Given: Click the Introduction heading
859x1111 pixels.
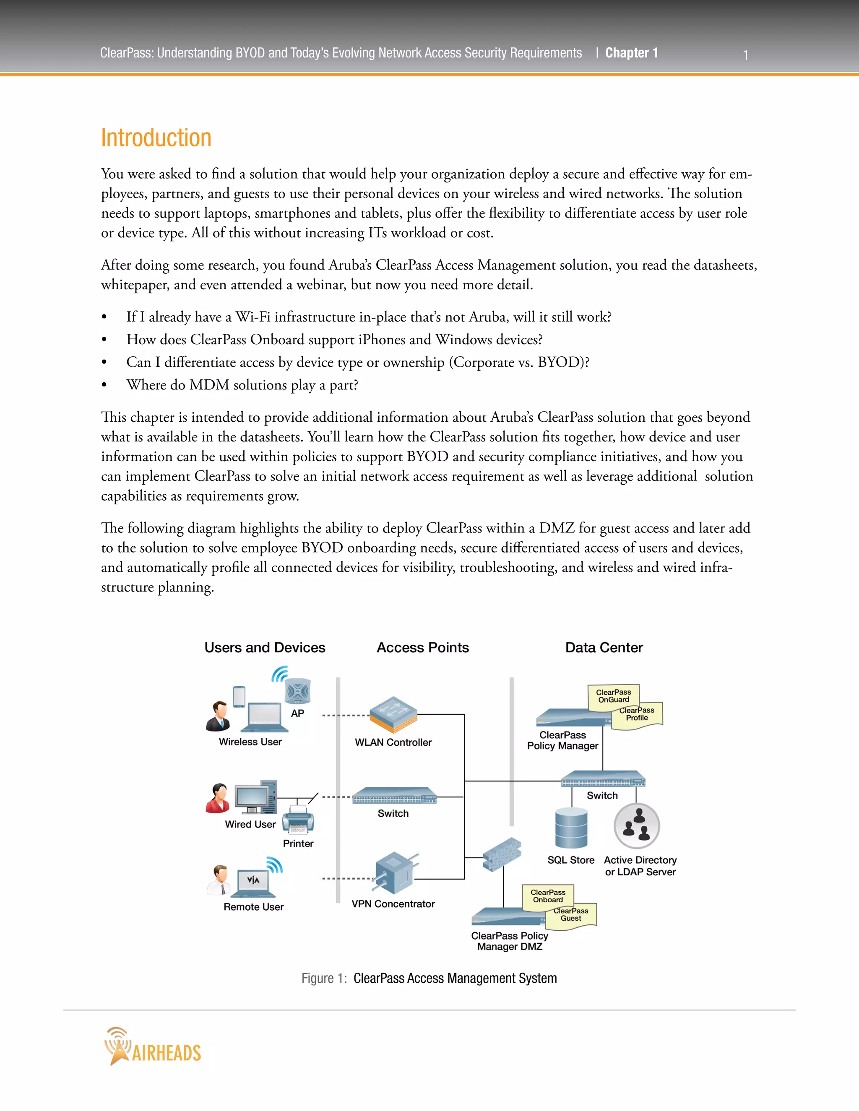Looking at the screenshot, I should (156, 138).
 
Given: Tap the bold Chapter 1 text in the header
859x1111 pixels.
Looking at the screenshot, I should (632, 53).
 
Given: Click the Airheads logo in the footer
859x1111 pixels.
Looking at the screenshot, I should (153, 1046).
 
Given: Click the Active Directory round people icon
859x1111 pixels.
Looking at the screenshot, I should (637, 825).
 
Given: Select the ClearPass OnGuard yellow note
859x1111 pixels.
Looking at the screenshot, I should (614, 696).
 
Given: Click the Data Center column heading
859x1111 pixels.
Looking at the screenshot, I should (604, 648).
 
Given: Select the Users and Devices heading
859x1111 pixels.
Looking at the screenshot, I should (265, 648).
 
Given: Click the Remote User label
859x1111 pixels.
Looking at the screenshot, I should (253, 906).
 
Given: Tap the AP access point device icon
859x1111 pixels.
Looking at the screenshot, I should (298, 691).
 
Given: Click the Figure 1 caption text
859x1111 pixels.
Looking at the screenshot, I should (429, 978).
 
